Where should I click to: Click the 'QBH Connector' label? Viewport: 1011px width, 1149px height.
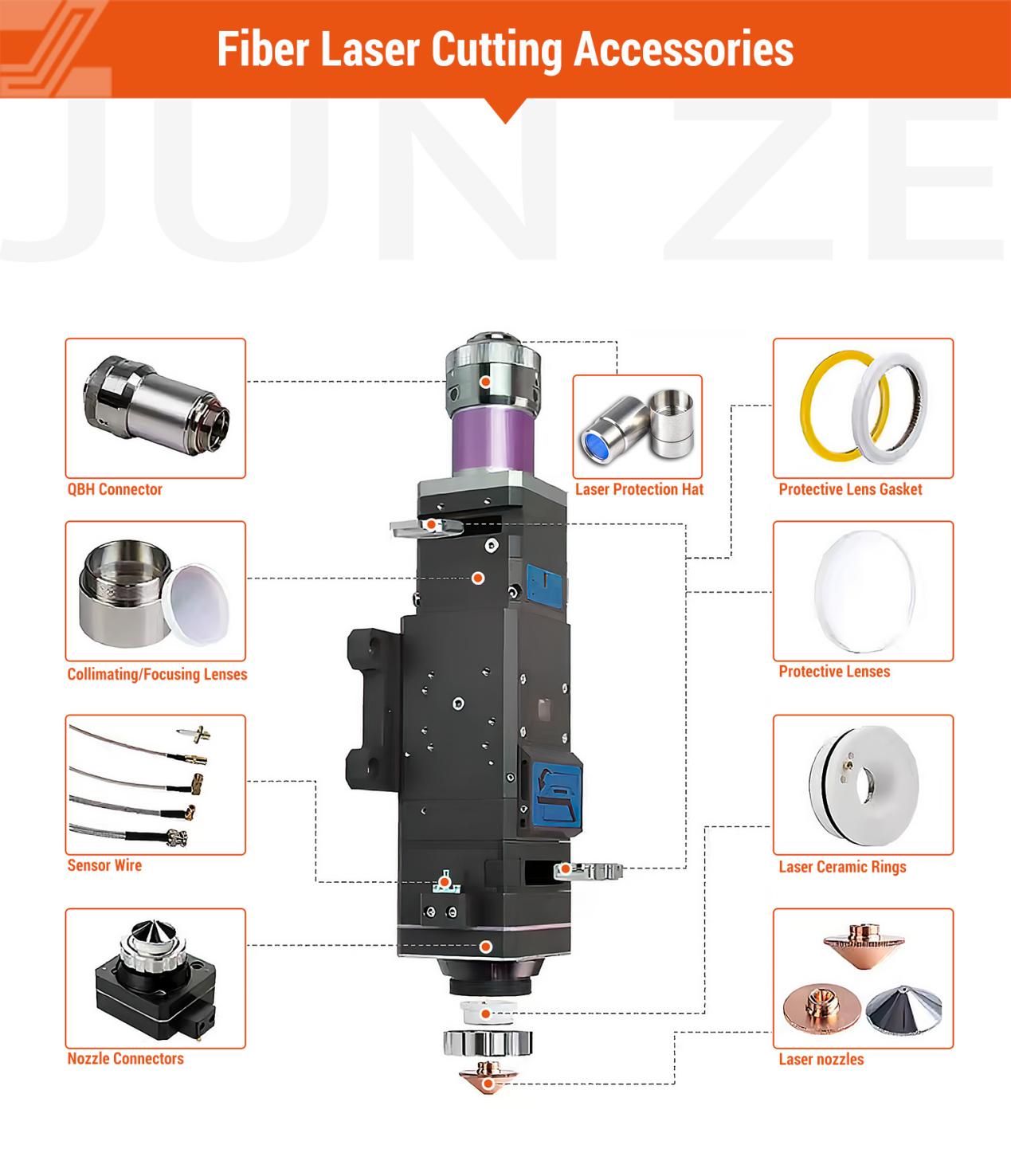pos(115,489)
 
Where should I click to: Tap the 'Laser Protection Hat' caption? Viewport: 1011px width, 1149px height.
pos(639,489)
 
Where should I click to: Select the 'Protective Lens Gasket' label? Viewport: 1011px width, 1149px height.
pos(850,489)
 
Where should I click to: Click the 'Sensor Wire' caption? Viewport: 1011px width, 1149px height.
pos(104,865)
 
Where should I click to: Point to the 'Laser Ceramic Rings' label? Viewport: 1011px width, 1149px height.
pos(842,867)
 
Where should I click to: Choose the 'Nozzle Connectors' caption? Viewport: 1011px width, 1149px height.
pos(125,1058)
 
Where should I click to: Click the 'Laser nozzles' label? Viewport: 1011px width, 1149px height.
pos(821,1059)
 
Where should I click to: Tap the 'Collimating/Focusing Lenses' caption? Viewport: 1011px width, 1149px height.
pos(157,674)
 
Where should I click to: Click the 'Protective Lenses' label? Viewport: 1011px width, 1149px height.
pos(834,672)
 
